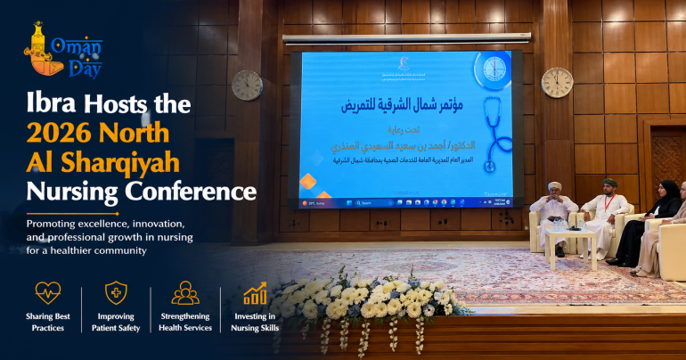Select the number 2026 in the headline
click(63, 134)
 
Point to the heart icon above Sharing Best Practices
click(47, 293)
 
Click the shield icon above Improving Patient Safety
click(116, 293)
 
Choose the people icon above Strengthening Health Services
click(185, 293)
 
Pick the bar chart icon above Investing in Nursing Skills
click(256, 293)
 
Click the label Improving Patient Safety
click(116, 322)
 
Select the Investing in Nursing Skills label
click(256, 322)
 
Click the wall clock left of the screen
click(247, 85)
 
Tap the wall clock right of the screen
click(556, 82)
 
